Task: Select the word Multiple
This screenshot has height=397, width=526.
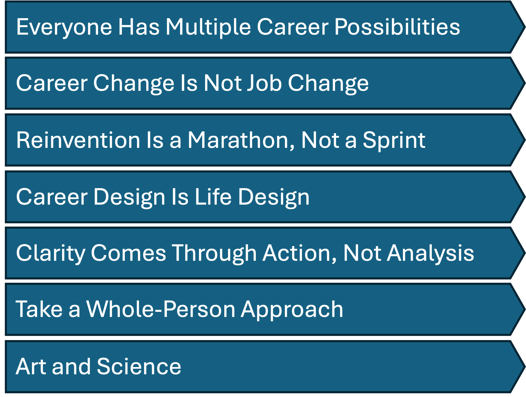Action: click(x=208, y=27)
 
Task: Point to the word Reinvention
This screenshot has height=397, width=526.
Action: click(x=78, y=140)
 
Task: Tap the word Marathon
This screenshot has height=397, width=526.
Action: click(x=240, y=140)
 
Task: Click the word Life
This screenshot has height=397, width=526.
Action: click(x=213, y=197)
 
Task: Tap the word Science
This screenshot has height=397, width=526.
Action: click(x=139, y=367)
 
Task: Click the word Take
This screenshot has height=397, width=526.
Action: click(x=39, y=309)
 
